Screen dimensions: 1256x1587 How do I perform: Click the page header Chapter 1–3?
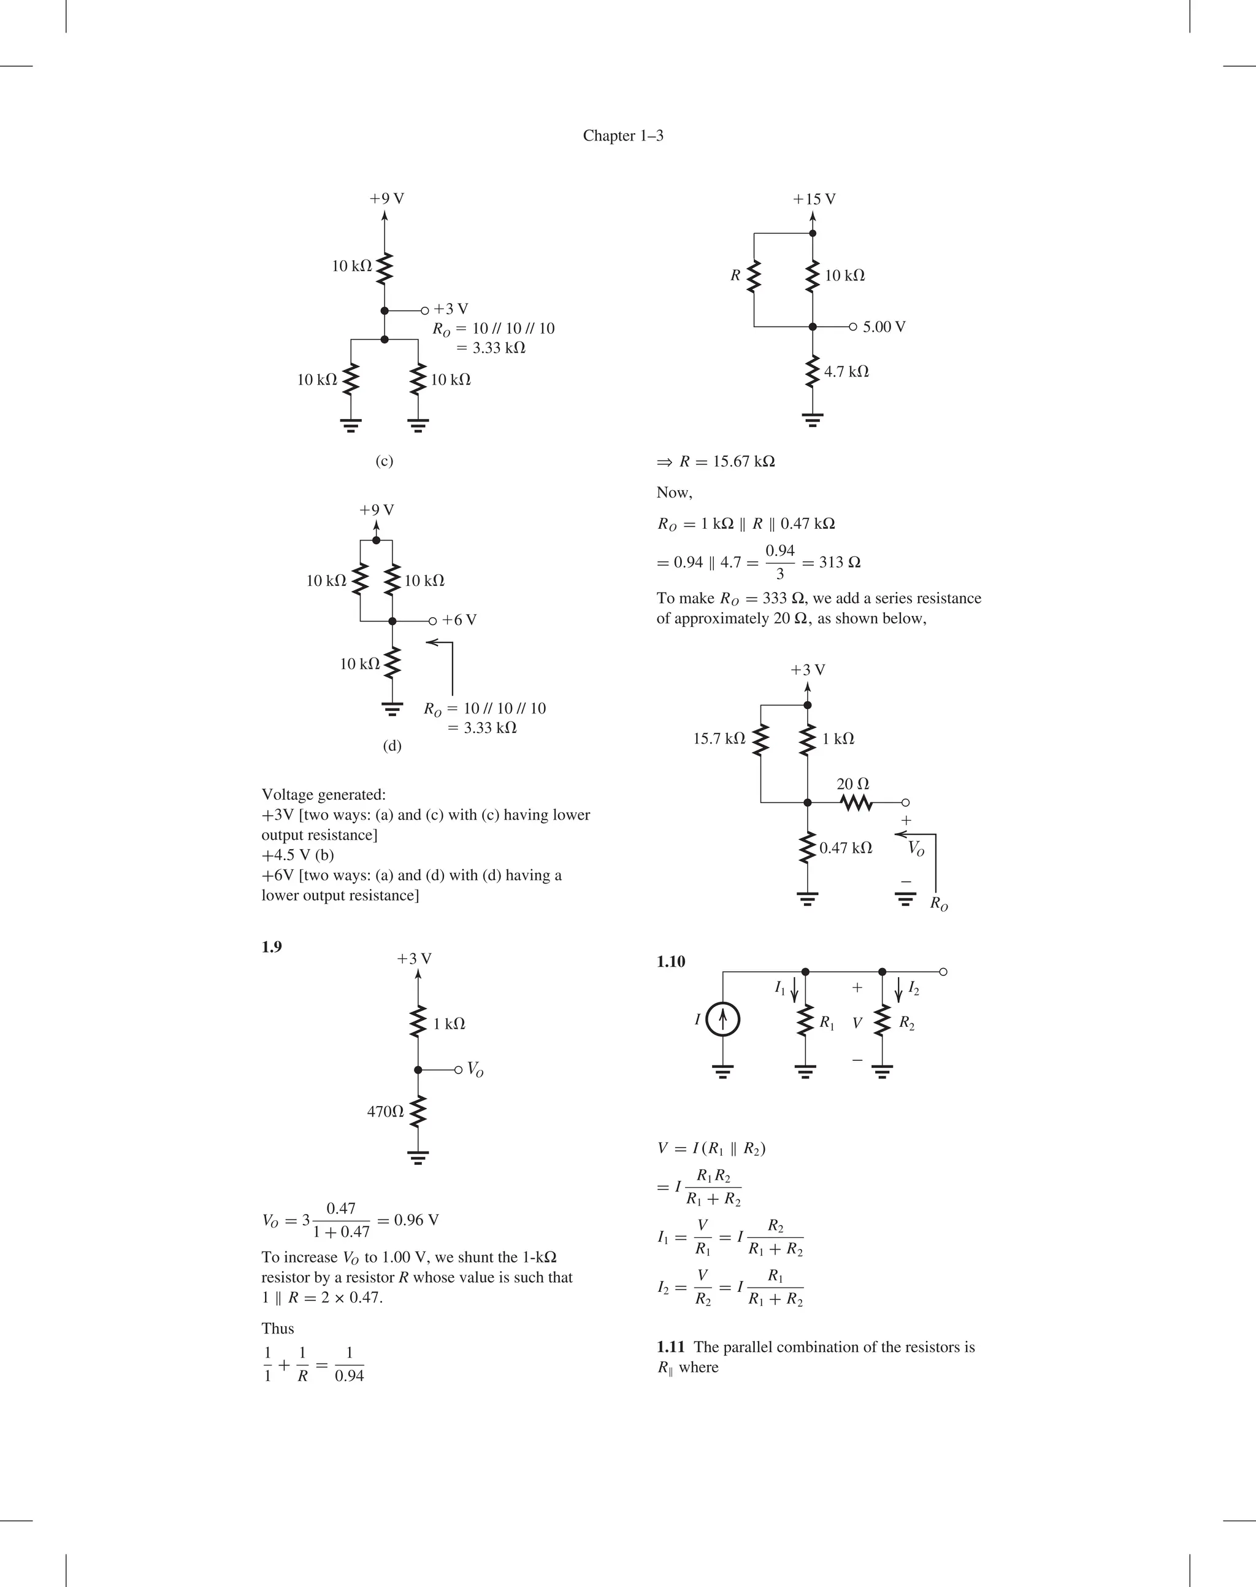coord(623,136)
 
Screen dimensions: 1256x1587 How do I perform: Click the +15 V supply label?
coord(814,199)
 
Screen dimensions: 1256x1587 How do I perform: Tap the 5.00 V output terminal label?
coord(884,327)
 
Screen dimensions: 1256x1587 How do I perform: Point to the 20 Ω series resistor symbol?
coord(856,802)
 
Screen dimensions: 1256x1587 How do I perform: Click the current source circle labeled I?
coord(723,1020)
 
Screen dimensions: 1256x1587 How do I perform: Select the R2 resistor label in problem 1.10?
coord(906,1024)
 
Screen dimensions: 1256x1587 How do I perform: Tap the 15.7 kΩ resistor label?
coord(718,739)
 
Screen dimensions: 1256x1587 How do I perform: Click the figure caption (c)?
coord(384,461)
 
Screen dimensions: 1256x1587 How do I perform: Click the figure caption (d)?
coord(392,746)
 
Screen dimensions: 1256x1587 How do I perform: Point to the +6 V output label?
coord(459,620)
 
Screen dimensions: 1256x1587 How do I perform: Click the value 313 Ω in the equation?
coord(839,563)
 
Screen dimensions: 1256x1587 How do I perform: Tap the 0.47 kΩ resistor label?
coord(846,848)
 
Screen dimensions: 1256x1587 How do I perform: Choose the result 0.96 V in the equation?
coord(416,1220)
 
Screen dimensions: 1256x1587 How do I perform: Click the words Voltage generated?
coord(324,795)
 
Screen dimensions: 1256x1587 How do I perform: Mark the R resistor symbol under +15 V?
coord(754,277)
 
